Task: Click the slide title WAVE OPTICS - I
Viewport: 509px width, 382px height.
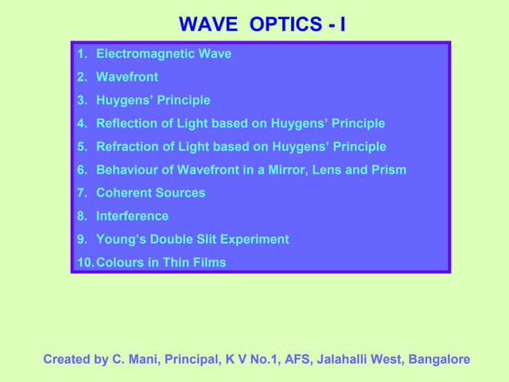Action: (262, 25)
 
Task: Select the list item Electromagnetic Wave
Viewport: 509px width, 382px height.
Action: (163, 54)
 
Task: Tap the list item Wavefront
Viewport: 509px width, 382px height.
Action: (126, 77)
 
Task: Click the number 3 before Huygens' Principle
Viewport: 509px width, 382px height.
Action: (81, 100)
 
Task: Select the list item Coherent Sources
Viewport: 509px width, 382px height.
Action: (150, 193)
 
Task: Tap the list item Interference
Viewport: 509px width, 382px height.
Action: (132, 216)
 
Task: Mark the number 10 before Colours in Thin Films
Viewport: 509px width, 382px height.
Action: (84, 262)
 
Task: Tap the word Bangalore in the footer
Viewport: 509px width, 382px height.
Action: (439, 360)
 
